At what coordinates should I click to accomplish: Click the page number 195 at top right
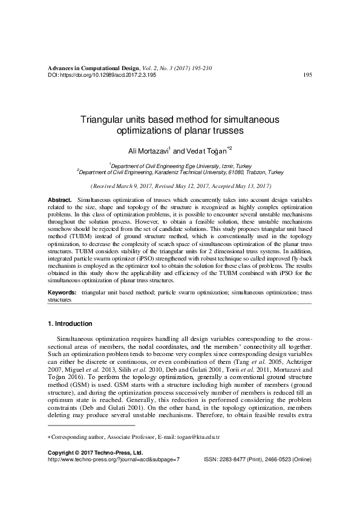point(307,75)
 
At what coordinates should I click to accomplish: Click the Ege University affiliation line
point(180,165)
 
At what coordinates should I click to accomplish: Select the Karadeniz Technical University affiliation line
point(180,172)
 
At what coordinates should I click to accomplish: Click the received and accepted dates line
point(180,186)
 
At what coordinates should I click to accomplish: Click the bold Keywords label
point(62,293)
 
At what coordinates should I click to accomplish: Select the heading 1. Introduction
point(70,324)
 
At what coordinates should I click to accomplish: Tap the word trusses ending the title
point(226,131)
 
